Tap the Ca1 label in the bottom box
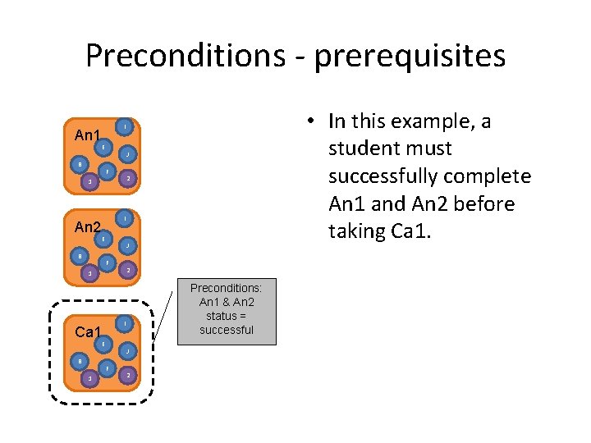[87, 332]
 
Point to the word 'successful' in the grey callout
[227, 330]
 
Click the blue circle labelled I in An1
[124, 126]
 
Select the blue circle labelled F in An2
[107, 263]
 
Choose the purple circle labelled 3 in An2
[90, 272]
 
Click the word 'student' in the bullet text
[360, 149]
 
